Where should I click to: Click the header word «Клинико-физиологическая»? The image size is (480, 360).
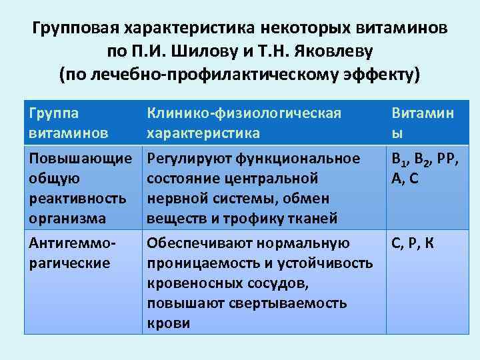(x=244, y=113)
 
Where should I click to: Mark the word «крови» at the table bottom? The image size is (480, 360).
(x=168, y=323)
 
